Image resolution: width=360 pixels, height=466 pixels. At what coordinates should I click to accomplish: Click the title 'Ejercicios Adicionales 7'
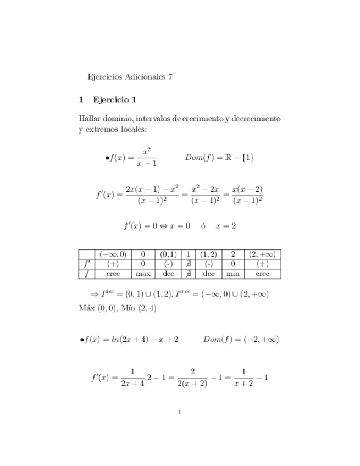click(130, 77)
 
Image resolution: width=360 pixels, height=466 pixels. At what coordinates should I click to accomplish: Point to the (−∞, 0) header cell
click(113, 254)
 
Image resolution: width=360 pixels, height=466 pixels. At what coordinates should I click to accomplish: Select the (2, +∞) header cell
click(262, 254)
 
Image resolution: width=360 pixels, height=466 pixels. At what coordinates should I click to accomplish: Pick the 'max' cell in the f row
click(143, 273)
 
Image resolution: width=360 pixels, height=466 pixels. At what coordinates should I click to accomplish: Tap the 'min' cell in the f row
click(233, 273)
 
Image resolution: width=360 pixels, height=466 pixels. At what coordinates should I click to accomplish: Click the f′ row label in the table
click(86, 263)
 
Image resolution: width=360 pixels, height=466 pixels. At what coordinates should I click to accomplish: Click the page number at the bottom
click(180, 412)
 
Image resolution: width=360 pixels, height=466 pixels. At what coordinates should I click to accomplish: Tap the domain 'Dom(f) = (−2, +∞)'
click(241, 340)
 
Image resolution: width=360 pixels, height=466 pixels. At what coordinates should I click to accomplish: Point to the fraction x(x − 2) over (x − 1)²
click(247, 195)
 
